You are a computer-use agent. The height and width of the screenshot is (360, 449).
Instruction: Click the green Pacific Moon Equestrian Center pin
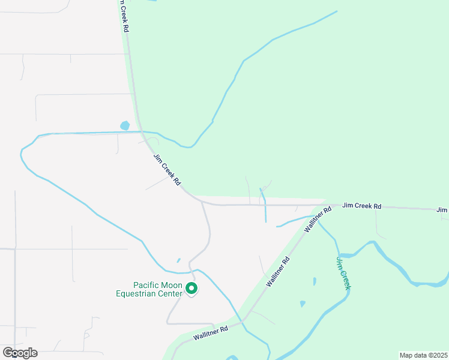click(191, 289)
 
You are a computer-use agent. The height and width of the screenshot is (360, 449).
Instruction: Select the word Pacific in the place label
click(145, 286)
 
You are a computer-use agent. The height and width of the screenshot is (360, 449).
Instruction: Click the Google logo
click(20, 353)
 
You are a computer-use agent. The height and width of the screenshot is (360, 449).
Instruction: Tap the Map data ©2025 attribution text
click(423, 355)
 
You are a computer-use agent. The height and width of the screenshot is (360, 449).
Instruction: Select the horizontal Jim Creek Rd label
click(361, 206)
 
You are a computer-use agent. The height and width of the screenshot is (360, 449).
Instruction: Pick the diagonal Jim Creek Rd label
click(167, 169)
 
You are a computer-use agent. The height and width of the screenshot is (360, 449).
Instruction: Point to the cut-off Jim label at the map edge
click(442, 209)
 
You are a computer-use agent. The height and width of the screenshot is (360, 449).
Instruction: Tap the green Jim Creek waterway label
click(343, 273)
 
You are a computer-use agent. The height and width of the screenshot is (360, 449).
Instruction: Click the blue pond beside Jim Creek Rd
click(125, 126)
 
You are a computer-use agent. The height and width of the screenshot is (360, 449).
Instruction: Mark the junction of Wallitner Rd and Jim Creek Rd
click(325, 205)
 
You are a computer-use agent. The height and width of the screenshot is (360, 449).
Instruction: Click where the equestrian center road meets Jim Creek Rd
click(202, 202)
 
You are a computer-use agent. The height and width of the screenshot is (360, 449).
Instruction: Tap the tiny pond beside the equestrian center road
click(178, 260)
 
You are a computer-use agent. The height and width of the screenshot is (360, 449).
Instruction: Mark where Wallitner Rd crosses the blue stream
click(244, 322)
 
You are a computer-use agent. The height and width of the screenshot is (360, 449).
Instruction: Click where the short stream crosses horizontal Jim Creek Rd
click(265, 205)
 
